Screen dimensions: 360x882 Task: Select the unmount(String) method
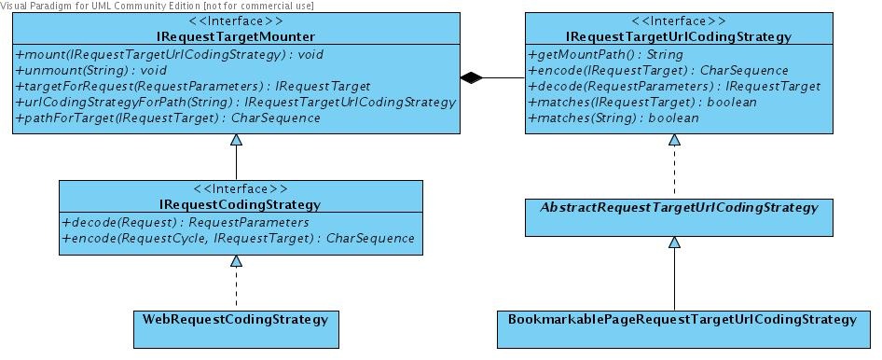tap(91, 71)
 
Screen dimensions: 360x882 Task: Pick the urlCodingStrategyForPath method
tap(235, 103)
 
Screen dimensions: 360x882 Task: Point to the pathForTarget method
tap(168, 118)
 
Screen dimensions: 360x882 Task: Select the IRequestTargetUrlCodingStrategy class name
tap(673, 37)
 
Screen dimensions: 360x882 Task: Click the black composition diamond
tap(473, 79)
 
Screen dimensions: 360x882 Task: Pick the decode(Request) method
tap(185, 222)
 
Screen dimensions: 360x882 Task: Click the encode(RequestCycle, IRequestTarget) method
tap(239, 238)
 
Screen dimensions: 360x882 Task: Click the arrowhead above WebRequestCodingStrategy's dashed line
tap(236, 261)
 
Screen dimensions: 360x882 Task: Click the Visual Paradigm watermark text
tap(157, 6)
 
